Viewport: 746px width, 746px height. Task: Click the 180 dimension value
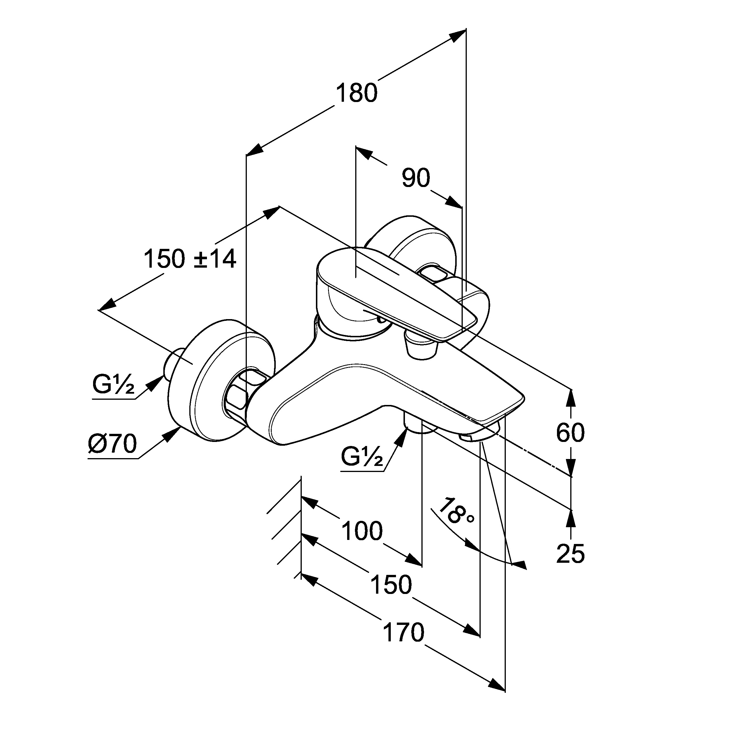click(356, 93)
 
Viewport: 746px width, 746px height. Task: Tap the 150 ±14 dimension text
click(190, 259)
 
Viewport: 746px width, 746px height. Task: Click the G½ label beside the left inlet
click(113, 385)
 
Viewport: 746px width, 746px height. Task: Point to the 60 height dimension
click(570, 432)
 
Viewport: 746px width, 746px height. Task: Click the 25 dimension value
click(570, 554)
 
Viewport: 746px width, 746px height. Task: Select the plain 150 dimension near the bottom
click(391, 585)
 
